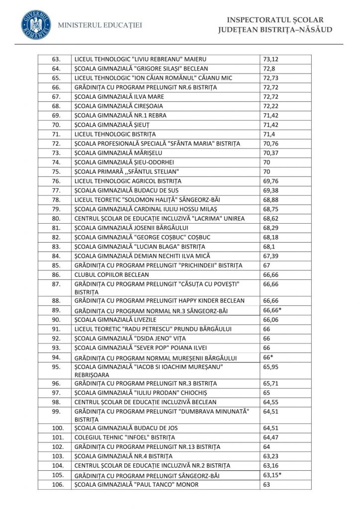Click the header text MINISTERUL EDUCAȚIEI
[100, 25]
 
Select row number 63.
[56, 59]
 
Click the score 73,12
[271, 59]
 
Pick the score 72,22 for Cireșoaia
[271, 106]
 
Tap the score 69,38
[271, 190]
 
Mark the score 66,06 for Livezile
[271, 319]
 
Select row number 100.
[56, 427]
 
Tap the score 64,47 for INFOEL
[271, 437]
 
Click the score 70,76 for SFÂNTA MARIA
[271, 144]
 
